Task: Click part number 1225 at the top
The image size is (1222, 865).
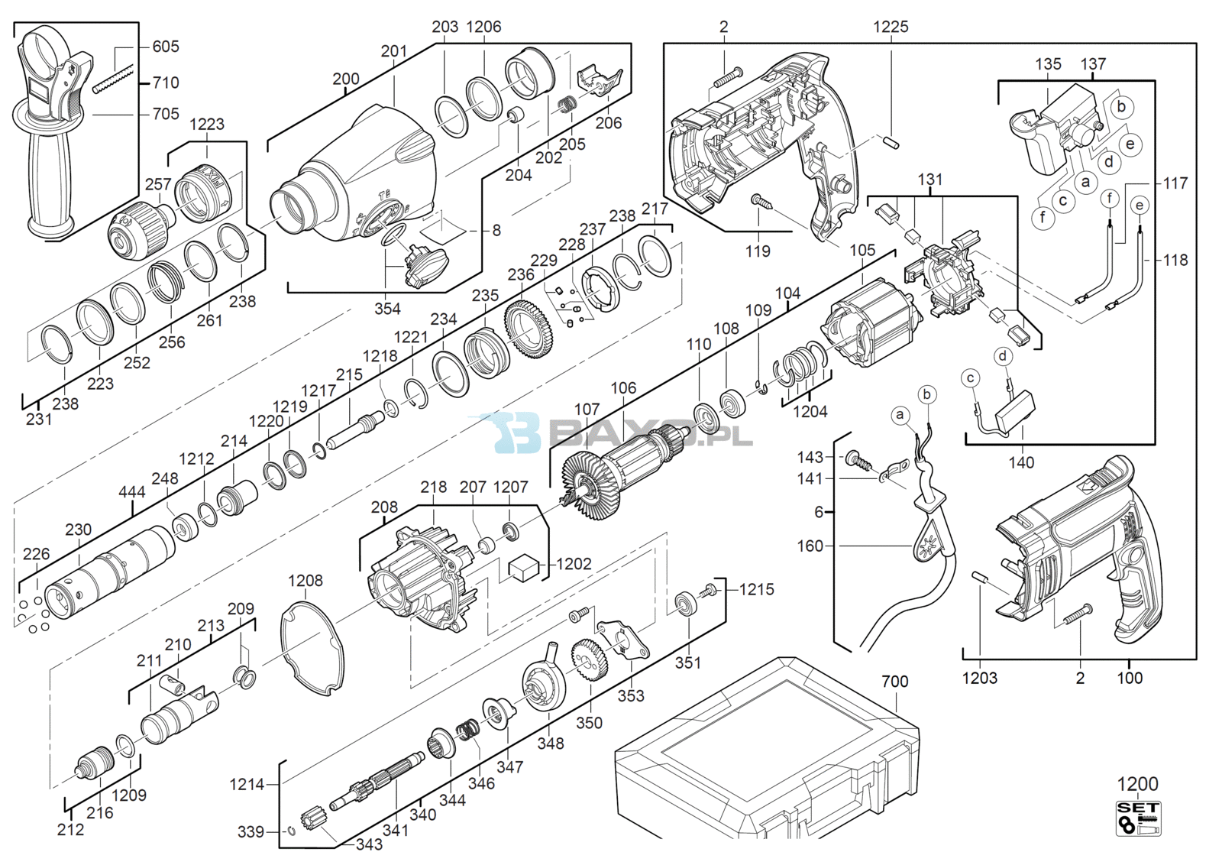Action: point(891,27)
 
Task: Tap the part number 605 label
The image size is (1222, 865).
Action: point(166,47)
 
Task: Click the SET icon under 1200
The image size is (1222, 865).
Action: point(1139,818)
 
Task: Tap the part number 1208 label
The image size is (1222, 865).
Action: point(305,581)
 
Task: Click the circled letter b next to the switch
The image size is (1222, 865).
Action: point(1121,106)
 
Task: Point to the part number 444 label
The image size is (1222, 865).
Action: point(132,491)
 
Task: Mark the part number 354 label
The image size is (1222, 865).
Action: point(387,309)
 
